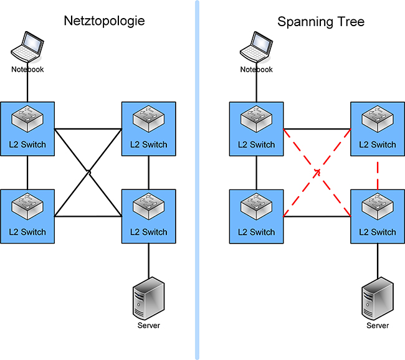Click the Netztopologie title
tap(104, 21)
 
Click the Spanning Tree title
tap(321, 22)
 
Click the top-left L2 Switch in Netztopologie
tap(28, 128)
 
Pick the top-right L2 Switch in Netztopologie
tap(148, 128)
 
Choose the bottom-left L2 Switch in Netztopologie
tap(28, 216)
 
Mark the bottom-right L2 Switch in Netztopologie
tap(148, 216)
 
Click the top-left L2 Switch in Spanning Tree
tap(257, 128)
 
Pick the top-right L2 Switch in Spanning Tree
tap(378, 128)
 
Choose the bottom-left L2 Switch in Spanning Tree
tap(257, 216)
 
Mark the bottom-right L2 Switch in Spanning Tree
tap(378, 216)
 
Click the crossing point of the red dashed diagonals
tap(318, 172)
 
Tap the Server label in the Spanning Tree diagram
tap(377, 326)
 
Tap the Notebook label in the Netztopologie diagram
tap(28, 69)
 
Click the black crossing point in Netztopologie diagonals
tap(88, 172)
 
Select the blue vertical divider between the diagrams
tap(198, 180)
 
